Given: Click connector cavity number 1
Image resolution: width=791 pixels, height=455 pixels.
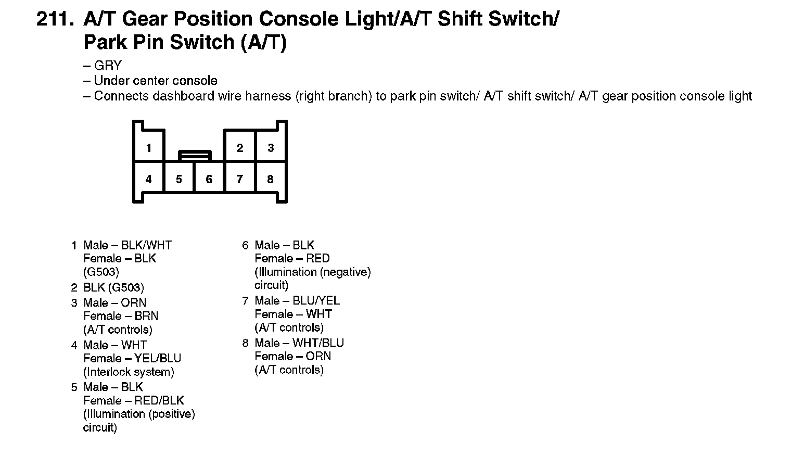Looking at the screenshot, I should (x=149, y=148).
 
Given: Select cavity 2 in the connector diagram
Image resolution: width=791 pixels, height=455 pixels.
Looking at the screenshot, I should (x=239, y=148).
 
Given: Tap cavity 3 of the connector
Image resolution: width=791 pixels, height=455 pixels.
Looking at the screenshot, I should (x=271, y=148).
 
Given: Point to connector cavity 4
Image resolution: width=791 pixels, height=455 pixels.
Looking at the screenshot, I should (x=149, y=179).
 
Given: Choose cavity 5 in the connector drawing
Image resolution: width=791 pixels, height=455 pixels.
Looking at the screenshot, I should (x=179, y=179).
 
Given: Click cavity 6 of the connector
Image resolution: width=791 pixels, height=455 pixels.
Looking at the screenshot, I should (x=209, y=179).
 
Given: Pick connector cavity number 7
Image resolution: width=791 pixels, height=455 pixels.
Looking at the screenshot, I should (x=239, y=179).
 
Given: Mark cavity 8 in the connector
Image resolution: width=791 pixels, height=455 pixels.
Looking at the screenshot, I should (x=270, y=179).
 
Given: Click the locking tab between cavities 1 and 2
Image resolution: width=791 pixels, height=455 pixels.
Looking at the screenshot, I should (x=195, y=155).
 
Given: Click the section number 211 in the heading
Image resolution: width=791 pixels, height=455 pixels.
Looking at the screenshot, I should (x=55, y=20).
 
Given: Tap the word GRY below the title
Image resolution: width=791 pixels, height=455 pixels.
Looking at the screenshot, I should (x=108, y=66).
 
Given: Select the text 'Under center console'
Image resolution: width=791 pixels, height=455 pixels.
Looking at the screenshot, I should (x=156, y=81).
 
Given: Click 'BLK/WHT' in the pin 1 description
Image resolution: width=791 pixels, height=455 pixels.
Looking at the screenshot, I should (x=146, y=245).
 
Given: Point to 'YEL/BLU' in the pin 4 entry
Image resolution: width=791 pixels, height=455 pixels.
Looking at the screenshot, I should (x=158, y=358).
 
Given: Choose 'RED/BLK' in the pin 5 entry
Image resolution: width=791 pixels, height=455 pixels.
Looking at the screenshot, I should (x=159, y=400).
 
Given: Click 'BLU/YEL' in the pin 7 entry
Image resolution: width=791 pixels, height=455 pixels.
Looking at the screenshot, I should (x=316, y=300).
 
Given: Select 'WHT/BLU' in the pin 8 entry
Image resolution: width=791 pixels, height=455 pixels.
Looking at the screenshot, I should (x=318, y=343).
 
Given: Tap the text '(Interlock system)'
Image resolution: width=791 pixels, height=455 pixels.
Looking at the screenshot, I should (x=129, y=372).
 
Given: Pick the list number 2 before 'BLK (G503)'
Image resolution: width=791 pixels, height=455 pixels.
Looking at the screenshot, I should (x=74, y=288).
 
